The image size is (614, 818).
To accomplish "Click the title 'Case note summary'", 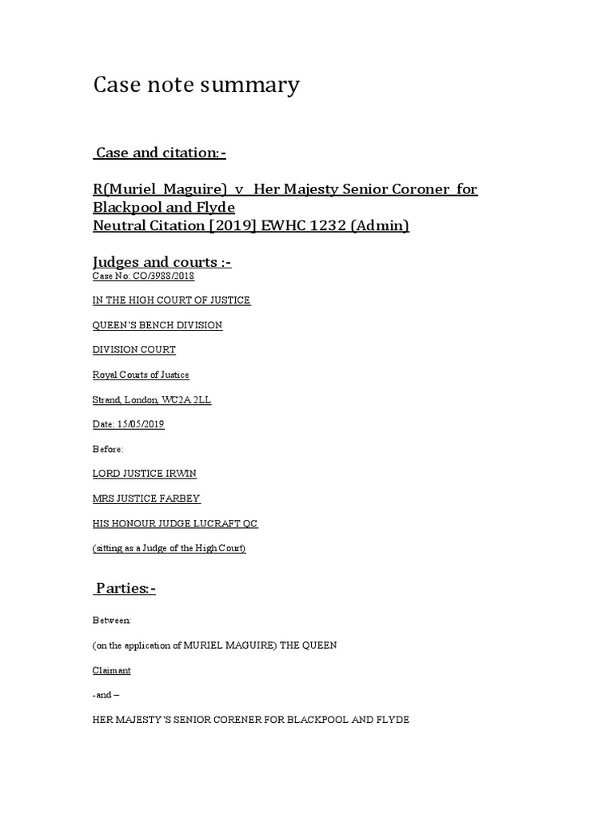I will [x=197, y=85].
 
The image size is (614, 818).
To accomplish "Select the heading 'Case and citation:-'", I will [x=166, y=153].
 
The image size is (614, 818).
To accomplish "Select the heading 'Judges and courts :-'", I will [x=162, y=262].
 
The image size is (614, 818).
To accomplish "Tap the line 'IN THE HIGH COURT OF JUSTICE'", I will [x=172, y=300].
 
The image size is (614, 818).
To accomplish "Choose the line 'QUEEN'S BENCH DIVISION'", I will [x=157, y=325].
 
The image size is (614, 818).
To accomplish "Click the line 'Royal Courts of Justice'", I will [x=142, y=375].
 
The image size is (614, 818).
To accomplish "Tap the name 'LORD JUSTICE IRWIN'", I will [x=145, y=474].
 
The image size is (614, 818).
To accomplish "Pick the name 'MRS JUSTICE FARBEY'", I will [x=146, y=498].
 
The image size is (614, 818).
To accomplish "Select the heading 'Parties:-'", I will [x=126, y=589].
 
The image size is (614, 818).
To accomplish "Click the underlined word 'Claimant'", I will [x=112, y=670].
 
